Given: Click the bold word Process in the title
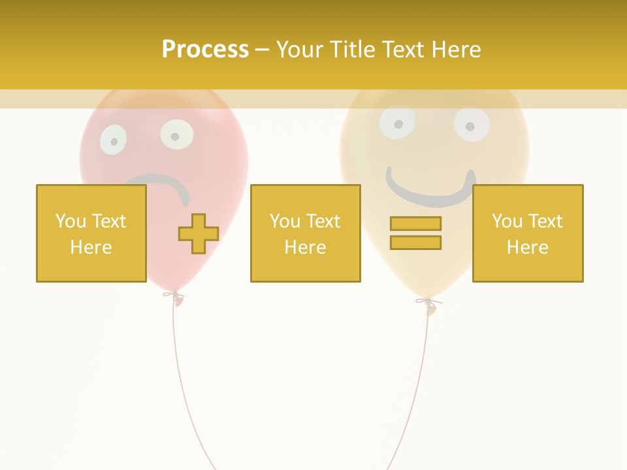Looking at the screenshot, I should click(x=205, y=50).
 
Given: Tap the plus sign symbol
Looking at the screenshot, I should click(x=199, y=234).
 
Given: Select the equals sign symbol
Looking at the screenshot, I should click(x=415, y=233).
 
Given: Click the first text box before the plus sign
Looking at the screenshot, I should click(x=91, y=233).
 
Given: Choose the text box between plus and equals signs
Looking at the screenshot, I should click(x=305, y=233).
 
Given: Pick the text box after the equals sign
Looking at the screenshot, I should click(x=527, y=233).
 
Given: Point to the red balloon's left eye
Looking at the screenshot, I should click(x=113, y=140).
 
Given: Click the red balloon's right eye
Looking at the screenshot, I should click(x=176, y=135).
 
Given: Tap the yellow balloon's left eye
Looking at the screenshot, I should click(x=397, y=121).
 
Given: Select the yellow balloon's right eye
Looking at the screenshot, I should click(x=472, y=125).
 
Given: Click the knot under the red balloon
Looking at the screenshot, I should click(x=174, y=297).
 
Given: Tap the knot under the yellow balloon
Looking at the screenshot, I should click(x=429, y=304).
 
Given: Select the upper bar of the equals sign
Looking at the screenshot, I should click(x=415, y=224).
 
